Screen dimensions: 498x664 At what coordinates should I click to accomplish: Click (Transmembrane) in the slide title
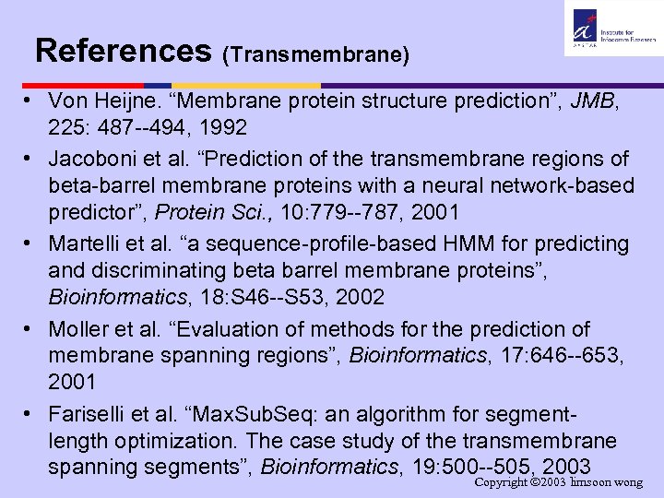click(315, 54)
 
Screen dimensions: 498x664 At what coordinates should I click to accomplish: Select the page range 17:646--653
click(544, 354)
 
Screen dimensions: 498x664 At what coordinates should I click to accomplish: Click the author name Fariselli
click(92, 414)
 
